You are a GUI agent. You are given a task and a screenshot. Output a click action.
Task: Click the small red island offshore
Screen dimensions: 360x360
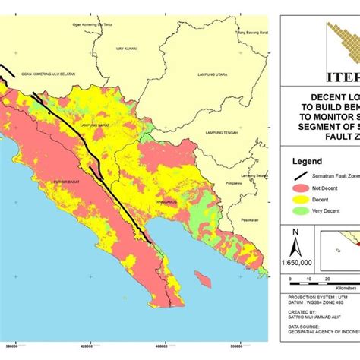coord(201,279)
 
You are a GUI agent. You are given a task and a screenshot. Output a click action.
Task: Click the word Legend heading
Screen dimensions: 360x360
coord(308,161)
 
